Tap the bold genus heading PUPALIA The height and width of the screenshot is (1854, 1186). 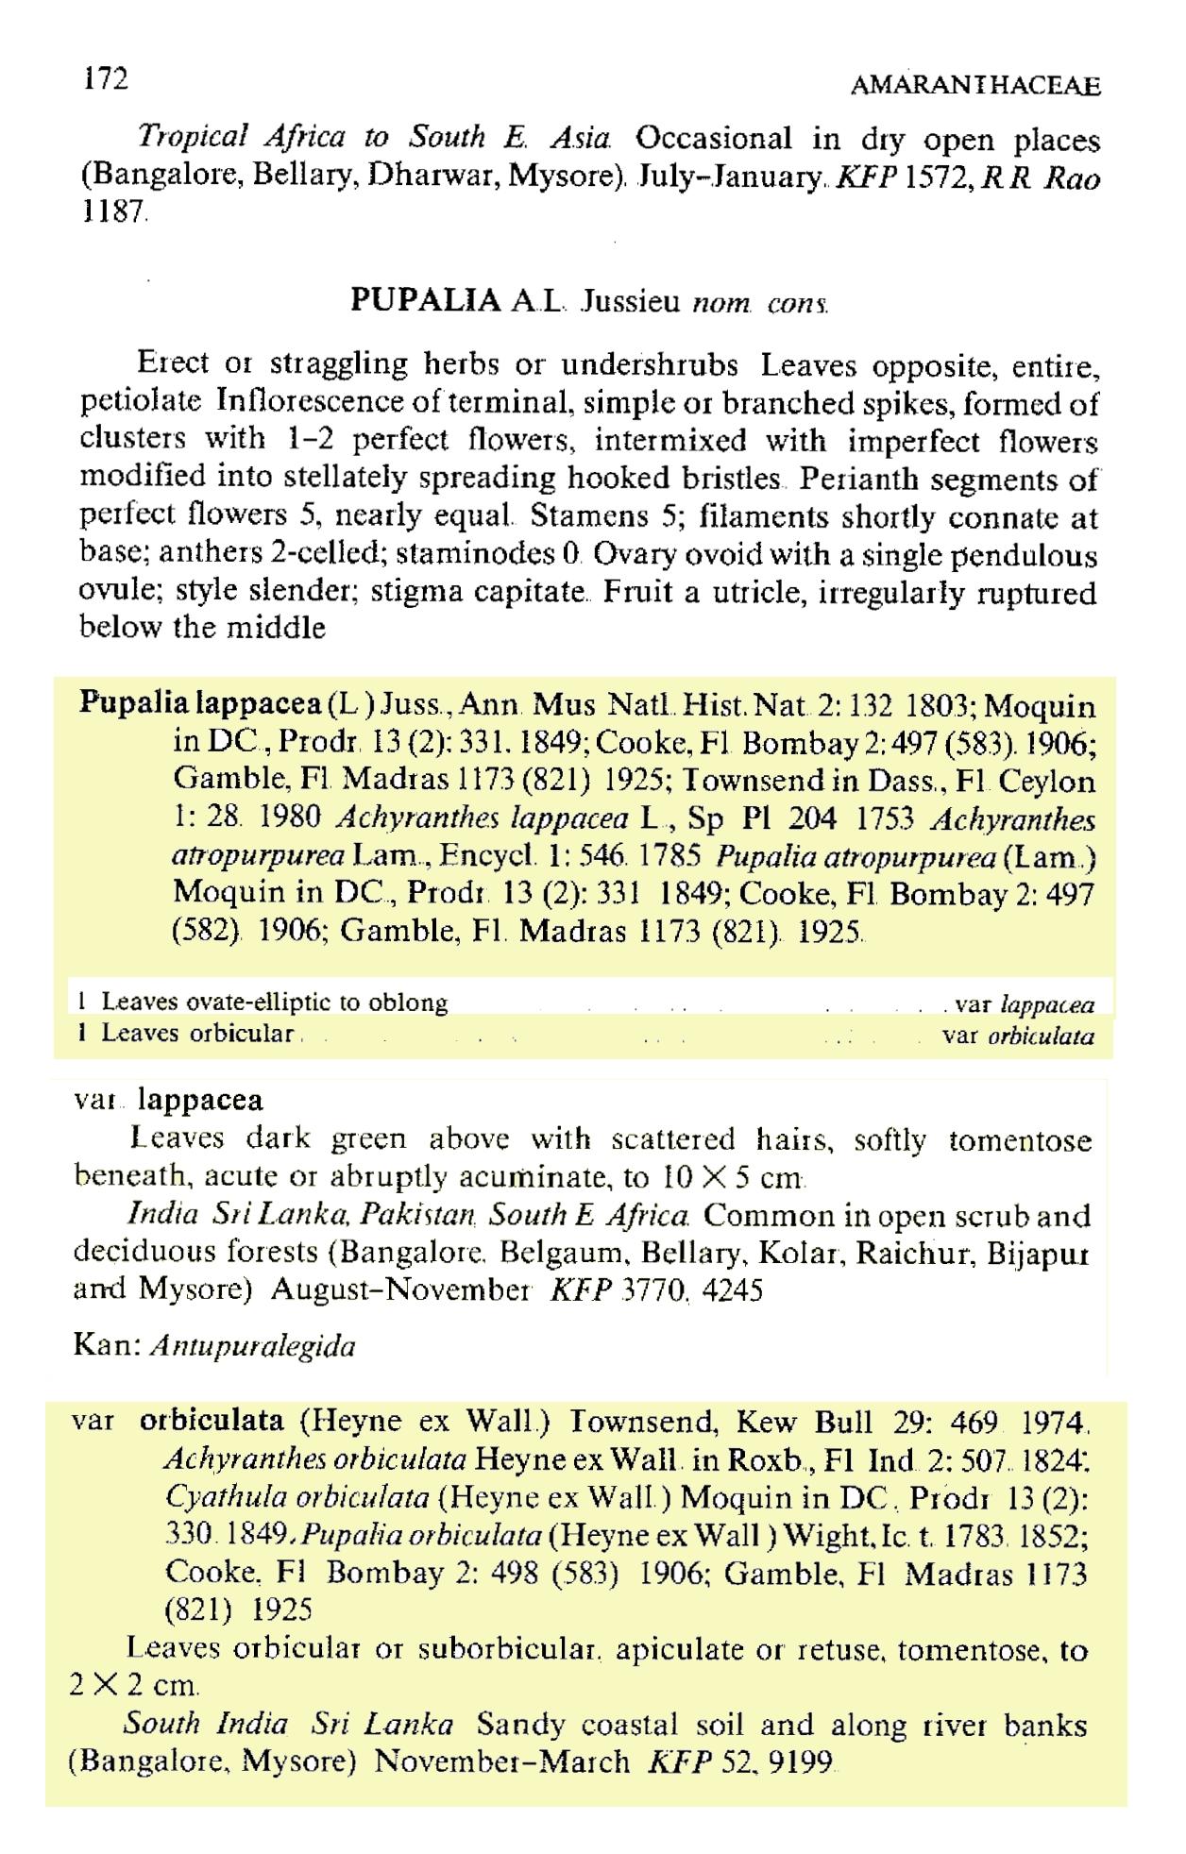coord(425,300)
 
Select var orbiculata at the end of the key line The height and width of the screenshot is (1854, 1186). coord(1019,1037)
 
